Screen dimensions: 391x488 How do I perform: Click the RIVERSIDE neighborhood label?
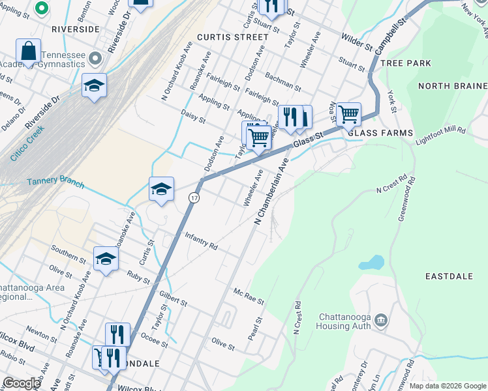pyautogui.click(x=76, y=29)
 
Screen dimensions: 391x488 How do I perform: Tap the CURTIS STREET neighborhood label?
pyautogui.click(x=233, y=37)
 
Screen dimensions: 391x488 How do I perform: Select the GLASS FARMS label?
pyautogui.click(x=380, y=133)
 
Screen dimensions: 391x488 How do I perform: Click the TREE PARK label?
pyautogui.click(x=405, y=63)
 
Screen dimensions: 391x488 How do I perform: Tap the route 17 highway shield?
pyautogui.click(x=194, y=197)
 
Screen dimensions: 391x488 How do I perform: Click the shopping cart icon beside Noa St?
pyautogui.click(x=349, y=114)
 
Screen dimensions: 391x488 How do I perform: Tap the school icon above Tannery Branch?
pyautogui.click(x=161, y=189)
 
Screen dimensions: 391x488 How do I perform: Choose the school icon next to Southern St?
pyautogui.click(x=106, y=259)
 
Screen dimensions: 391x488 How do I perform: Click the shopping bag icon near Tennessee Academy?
pyautogui.click(x=29, y=50)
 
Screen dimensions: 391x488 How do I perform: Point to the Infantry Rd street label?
pyautogui.click(x=201, y=240)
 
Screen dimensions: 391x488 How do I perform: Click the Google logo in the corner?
pyautogui.click(x=22, y=383)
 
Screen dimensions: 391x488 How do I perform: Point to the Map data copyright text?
pyautogui.click(x=447, y=386)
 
